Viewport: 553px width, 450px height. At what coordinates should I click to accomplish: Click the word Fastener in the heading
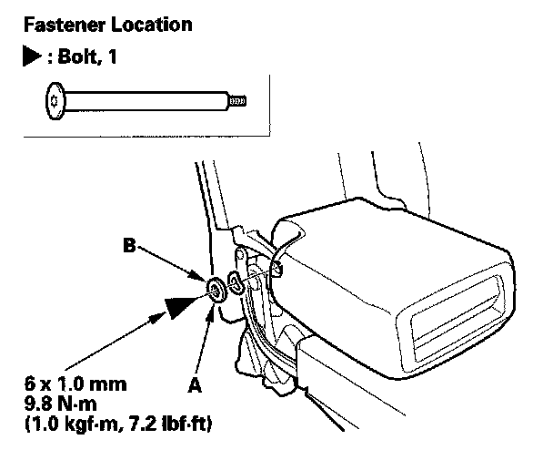click(65, 25)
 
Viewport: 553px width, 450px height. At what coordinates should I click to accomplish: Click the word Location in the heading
click(152, 25)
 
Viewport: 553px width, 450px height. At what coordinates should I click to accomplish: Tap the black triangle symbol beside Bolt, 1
click(32, 56)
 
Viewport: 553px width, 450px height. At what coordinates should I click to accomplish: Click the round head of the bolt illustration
click(55, 101)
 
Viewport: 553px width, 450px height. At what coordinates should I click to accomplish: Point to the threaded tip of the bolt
click(237, 101)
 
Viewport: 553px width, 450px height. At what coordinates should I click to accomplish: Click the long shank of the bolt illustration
click(146, 101)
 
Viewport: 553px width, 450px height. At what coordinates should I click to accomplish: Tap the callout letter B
click(130, 245)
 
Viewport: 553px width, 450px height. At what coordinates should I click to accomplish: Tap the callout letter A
click(195, 384)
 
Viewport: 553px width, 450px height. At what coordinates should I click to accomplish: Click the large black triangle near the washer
click(178, 305)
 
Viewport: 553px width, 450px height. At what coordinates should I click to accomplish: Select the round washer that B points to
click(216, 291)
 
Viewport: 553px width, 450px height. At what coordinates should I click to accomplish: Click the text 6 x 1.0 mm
click(75, 384)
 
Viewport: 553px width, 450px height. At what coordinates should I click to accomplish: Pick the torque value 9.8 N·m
click(61, 404)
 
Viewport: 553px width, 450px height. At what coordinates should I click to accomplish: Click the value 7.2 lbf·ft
click(180, 424)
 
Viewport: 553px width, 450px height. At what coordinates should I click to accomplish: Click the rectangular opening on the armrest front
click(457, 320)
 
